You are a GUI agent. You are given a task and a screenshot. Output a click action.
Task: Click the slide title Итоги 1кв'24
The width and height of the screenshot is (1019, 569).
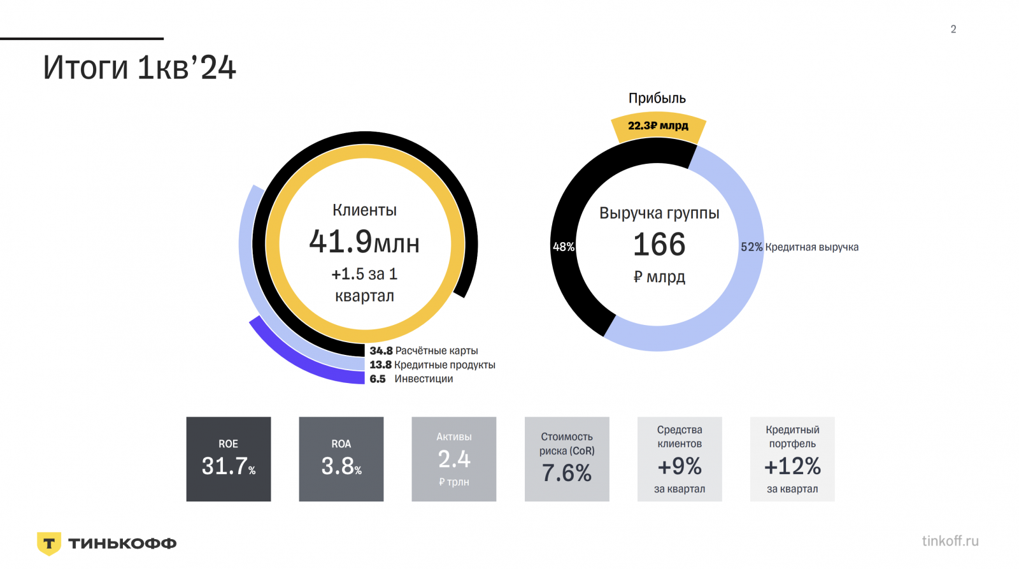(139, 68)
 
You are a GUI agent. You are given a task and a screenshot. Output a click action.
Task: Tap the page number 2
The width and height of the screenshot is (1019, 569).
(953, 29)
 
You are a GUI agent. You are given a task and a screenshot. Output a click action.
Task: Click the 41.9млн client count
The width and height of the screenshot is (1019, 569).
(364, 241)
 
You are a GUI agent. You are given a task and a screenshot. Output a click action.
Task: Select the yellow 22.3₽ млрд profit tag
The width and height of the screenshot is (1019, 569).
(658, 126)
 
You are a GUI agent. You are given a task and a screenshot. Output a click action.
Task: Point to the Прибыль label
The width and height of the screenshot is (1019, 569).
(657, 98)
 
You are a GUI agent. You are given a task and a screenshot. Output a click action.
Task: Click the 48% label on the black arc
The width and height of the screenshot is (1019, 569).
(564, 247)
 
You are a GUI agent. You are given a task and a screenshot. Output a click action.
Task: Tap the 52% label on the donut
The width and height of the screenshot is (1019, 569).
(751, 247)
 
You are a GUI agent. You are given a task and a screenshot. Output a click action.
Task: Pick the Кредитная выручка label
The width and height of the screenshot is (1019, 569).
(811, 247)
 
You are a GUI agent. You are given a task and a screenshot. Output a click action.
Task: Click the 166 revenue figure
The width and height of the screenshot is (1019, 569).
(659, 245)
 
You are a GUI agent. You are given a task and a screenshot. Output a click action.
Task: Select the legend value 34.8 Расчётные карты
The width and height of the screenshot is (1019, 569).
(424, 350)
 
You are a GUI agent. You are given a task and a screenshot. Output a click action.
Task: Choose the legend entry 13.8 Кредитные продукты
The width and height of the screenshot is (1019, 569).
(432, 364)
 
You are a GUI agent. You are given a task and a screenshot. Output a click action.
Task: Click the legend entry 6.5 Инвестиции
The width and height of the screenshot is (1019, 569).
(411, 378)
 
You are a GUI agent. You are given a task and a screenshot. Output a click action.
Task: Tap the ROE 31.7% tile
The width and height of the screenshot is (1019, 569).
(229, 459)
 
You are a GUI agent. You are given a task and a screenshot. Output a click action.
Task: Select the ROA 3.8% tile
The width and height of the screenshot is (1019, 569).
(341, 459)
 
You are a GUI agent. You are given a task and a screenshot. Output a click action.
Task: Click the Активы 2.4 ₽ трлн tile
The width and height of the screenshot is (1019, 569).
(454, 459)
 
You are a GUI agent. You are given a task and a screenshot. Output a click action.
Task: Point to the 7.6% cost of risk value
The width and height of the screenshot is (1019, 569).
(567, 473)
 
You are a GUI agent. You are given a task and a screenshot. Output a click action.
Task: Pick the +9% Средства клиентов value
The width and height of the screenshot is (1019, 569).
(680, 466)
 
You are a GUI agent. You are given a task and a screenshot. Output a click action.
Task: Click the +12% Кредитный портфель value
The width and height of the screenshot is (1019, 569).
(792, 466)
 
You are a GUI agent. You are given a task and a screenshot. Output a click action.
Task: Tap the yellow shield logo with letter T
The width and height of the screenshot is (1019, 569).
(49, 544)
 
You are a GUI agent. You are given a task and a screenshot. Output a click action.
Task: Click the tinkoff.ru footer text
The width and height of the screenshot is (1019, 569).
(950, 541)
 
